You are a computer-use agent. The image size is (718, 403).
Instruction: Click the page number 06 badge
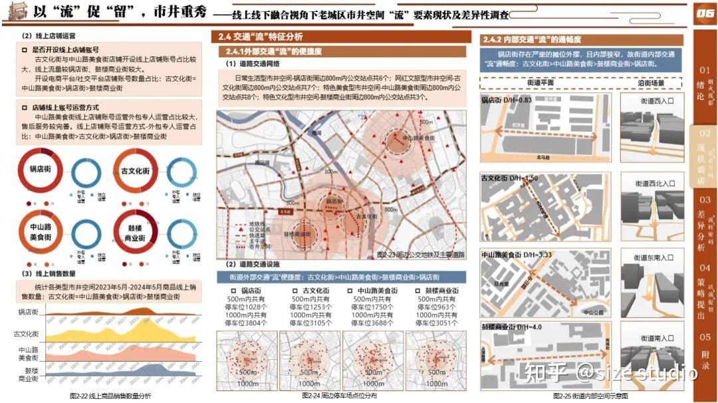click(703, 14)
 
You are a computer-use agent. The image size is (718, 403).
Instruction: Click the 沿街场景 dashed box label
click(651, 83)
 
